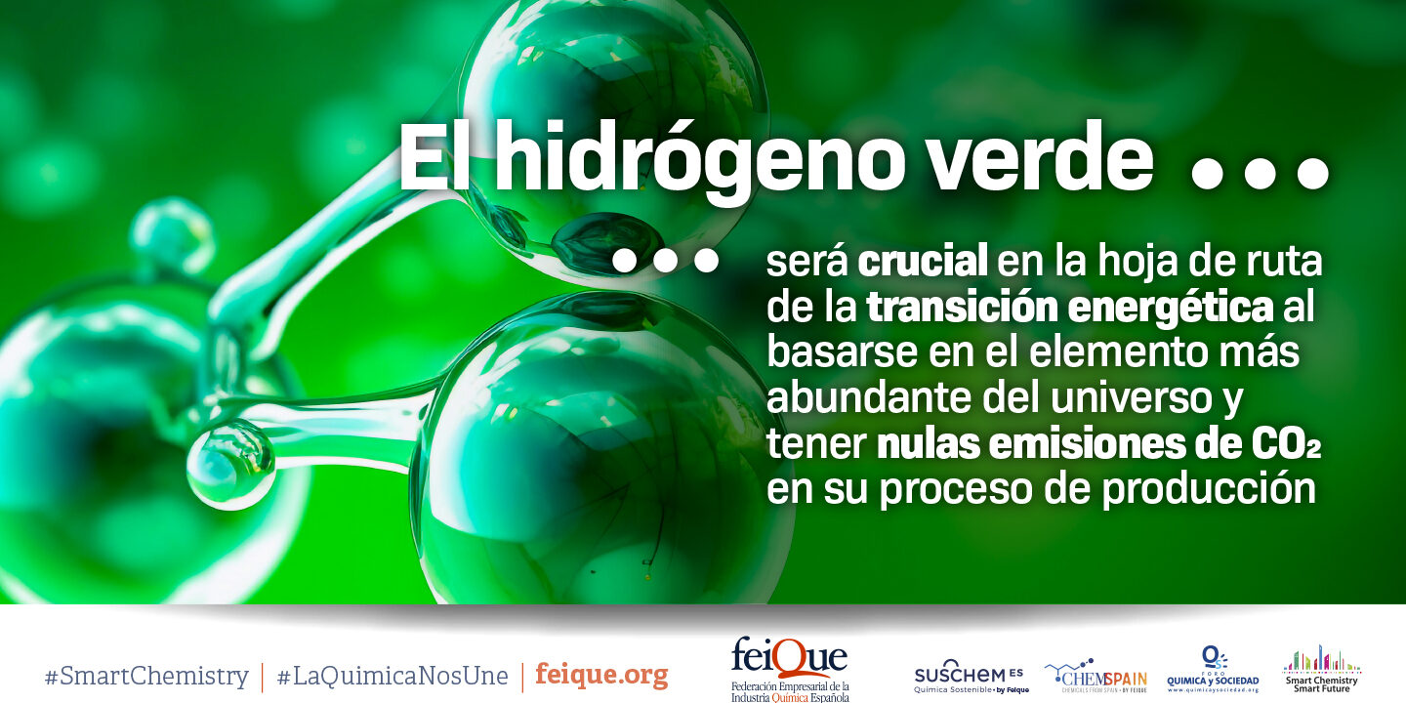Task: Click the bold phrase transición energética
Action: click(1070, 308)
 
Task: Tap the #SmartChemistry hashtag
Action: click(146, 676)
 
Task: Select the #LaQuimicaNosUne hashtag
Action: click(393, 676)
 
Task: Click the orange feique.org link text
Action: click(601, 675)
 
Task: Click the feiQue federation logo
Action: click(790, 669)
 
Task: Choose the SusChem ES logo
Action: click(971, 676)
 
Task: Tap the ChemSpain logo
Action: click(1096, 675)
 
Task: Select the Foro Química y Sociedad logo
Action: click(1213, 670)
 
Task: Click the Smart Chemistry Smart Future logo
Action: click(1321, 669)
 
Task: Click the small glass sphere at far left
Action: click(230, 464)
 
